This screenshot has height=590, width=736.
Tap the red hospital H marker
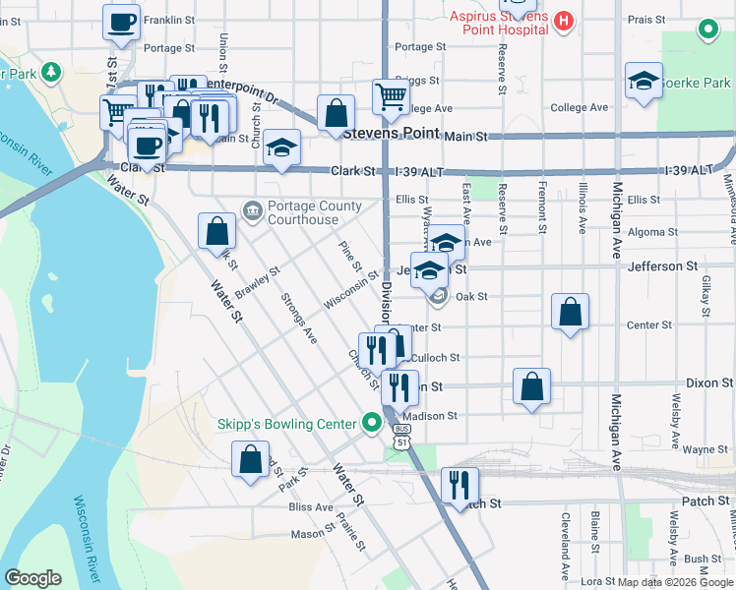tap(564, 20)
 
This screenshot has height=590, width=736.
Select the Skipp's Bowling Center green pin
tap(371, 424)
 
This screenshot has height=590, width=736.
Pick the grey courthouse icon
tap(253, 210)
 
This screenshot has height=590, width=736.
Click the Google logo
tap(32, 578)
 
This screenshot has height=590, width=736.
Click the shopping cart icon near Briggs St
tap(392, 96)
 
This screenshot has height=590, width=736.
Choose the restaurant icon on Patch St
tap(460, 485)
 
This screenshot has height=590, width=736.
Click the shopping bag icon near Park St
tap(251, 458)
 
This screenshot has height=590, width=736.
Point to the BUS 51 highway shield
tap(401, 437)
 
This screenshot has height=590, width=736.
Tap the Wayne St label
tap(705, 449)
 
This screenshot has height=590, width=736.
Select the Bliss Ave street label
tap(312, 507)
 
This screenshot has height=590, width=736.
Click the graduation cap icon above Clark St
tap(282, 148)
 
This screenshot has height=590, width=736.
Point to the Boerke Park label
tap(697, 84)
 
